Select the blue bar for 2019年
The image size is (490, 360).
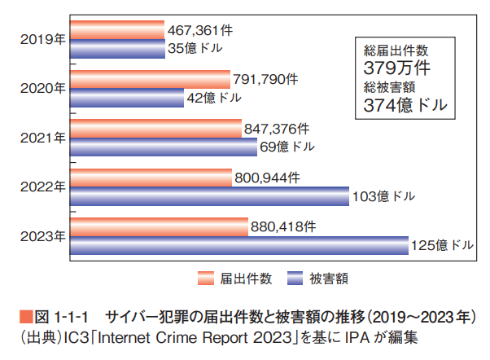point(117,49)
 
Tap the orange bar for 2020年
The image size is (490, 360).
point(151,80)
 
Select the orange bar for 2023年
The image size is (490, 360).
point(159,227)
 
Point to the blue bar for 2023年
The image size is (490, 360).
point(239,245)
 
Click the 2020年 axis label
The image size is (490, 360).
point(42,88)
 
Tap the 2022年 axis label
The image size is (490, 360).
point(42,187)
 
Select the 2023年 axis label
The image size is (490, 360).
point(42,236)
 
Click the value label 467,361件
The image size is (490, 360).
point(200,31)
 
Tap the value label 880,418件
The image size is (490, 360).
point(282,226)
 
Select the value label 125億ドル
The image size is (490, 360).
point(443,245)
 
